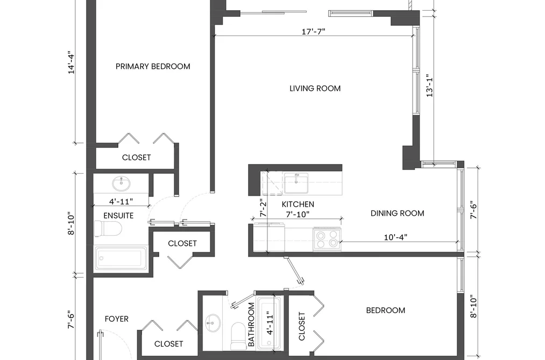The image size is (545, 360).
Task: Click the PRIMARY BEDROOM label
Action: pos(153,66)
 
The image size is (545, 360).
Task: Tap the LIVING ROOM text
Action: pos(315,89)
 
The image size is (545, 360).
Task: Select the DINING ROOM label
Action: pos(397,213)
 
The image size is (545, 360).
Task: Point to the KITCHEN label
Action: pos(298,204)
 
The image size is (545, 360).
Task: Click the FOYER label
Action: pos(116,319)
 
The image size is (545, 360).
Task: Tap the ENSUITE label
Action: pos(118,216)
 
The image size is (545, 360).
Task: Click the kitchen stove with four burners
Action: pos(327,239)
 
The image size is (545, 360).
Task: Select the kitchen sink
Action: pos(296,183)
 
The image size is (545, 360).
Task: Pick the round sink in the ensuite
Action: pos(121,183)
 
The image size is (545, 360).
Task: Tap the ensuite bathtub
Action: pos(121,258)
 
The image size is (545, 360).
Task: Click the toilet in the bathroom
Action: pos(238,336)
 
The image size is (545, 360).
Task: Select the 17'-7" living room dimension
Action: pos(314,32)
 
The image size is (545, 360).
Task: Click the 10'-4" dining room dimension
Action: pos(395,237)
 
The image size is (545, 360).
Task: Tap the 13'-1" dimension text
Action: pos(430,86)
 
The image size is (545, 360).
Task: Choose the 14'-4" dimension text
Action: pos(71,62)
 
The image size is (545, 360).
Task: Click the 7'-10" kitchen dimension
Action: pos(298,214)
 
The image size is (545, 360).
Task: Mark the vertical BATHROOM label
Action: pos(251,324)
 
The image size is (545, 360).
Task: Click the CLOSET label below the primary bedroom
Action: pos(136,158)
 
